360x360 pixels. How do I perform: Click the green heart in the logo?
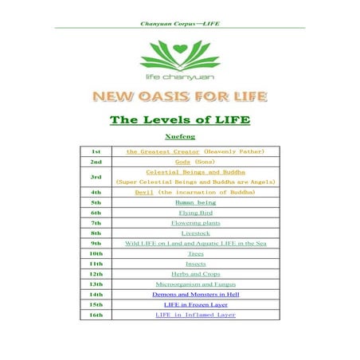[x=179, y=49]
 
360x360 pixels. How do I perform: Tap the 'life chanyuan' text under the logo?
[x=180, y=76]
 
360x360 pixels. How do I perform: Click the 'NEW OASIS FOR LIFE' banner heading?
[x=180, y=97]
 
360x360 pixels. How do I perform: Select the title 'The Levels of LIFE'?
[x=180, y=120]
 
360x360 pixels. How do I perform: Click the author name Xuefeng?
[x=180, y=137]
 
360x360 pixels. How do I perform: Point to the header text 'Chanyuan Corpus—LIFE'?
[x=179, y=23]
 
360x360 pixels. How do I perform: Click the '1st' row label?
[x=96, y=151]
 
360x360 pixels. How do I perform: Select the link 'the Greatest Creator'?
[x=163, y=151]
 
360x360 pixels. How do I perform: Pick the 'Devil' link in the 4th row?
[x=144, y=192]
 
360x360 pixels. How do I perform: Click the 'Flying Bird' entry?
[x=195, y=213]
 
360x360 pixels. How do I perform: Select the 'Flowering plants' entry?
[x=195, y=223]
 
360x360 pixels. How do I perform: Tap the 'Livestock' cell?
[x=195, y=233]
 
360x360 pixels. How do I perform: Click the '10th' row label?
[x=96, y=253]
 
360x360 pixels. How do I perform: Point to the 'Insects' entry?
[x=195, y=264]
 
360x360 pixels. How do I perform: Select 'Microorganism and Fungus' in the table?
[x=195, y=284]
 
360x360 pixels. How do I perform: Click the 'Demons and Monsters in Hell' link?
[x=195, y=295]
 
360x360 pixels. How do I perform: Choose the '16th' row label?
[x=96, y=315]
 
